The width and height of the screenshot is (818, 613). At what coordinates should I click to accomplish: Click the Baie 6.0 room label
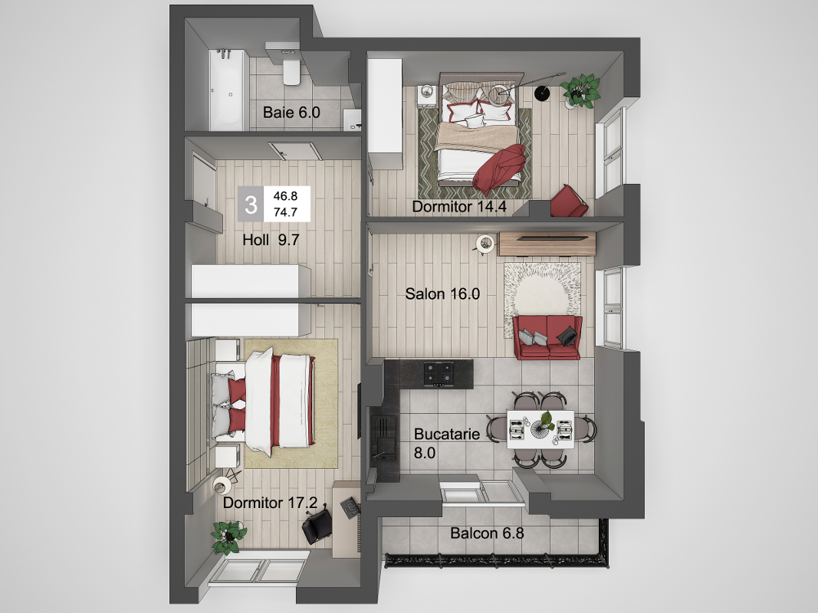(291, 112)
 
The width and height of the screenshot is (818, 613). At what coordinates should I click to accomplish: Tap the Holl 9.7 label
(271, 240)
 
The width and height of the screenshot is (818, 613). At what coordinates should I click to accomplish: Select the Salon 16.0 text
(442, 294)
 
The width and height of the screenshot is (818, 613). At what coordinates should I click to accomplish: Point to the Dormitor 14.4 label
(459, 206)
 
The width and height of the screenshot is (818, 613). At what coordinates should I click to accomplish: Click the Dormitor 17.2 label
(270, 503)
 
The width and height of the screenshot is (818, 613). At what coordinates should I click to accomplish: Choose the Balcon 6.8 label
(487, 533)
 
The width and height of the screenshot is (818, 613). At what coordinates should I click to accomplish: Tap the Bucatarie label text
(446, 434)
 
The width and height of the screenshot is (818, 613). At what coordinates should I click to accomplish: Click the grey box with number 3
(251, 205)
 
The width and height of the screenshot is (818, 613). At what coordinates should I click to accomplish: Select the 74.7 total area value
(285, 212)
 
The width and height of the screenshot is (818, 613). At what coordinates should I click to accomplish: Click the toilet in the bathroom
(291, 72)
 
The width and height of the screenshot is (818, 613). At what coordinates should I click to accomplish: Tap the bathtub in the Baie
(227, 90)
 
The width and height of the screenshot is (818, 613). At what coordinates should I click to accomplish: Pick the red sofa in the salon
(547, 337)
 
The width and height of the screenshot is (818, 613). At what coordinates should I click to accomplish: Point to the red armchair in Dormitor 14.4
(569, 202)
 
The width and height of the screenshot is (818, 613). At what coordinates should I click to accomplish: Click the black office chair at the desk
(317, 526)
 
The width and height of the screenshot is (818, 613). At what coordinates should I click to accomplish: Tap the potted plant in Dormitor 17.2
(228, 537)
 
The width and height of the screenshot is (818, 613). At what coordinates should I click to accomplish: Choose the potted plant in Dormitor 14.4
(580, 91)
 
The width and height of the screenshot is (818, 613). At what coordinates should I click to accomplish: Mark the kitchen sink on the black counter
(383, 434)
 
